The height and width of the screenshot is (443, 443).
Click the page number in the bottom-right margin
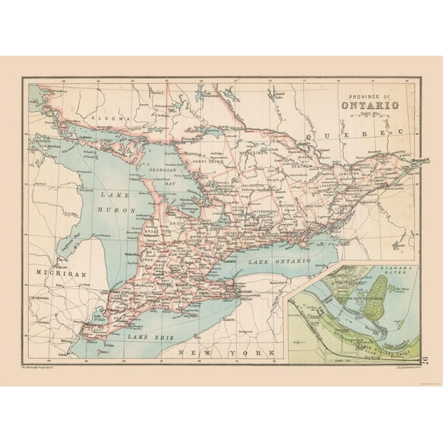click(x=428, y=357)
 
